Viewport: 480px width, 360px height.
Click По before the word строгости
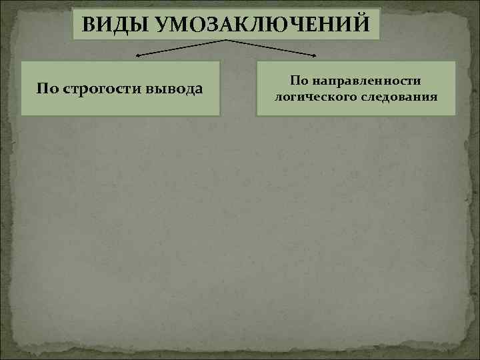pyautogui.click(x=47, y=89)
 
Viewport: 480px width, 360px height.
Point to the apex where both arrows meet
pyautogui.click(x=226, y=41)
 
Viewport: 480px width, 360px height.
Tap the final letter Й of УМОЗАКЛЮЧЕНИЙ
pyautogui.click(x=359, y=25)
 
